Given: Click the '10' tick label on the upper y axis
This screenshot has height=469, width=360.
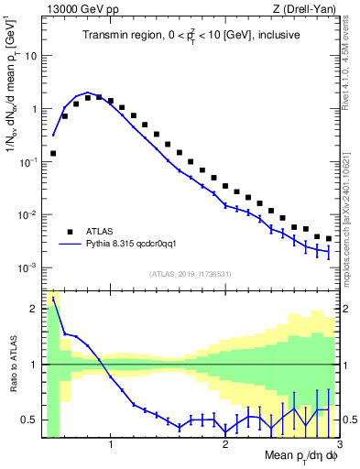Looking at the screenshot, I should coord(30,55).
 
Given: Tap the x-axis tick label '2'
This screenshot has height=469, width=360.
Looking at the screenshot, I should coord(224,446).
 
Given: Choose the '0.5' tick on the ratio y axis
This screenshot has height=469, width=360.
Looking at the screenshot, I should coord(28,420).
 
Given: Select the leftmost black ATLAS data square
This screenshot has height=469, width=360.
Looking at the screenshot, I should coord(53,154).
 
